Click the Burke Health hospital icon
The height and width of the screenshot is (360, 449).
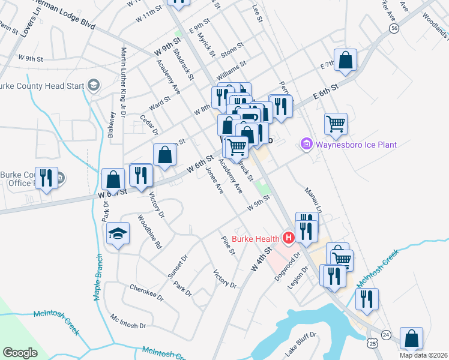289,239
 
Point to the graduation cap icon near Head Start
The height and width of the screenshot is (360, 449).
94,86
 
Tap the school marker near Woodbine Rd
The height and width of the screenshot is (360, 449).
118,233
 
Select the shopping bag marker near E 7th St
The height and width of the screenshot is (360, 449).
345,59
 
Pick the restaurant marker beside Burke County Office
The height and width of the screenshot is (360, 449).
46,177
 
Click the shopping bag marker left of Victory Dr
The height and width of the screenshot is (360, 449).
113,178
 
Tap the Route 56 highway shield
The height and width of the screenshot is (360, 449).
394,28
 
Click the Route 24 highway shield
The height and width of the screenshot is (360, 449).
386,334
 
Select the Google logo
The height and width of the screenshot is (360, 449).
20,352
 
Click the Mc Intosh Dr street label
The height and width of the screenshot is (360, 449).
128,321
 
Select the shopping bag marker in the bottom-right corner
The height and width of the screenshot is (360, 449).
411,338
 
